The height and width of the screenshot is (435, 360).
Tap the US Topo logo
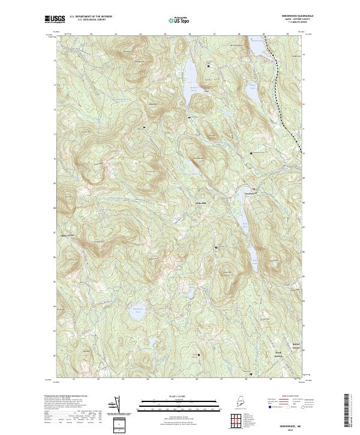click(175, 20)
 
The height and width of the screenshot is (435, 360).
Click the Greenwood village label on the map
click(251, 193)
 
